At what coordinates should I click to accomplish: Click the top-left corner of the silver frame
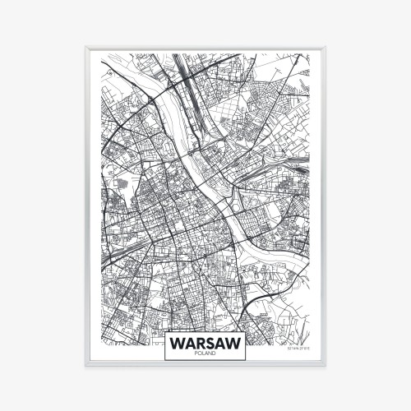click(86, 48)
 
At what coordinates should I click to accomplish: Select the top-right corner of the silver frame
click(325, 48)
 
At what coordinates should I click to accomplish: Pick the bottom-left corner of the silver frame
click(86, 364)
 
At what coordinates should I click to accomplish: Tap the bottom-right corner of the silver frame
click(325, 364)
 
